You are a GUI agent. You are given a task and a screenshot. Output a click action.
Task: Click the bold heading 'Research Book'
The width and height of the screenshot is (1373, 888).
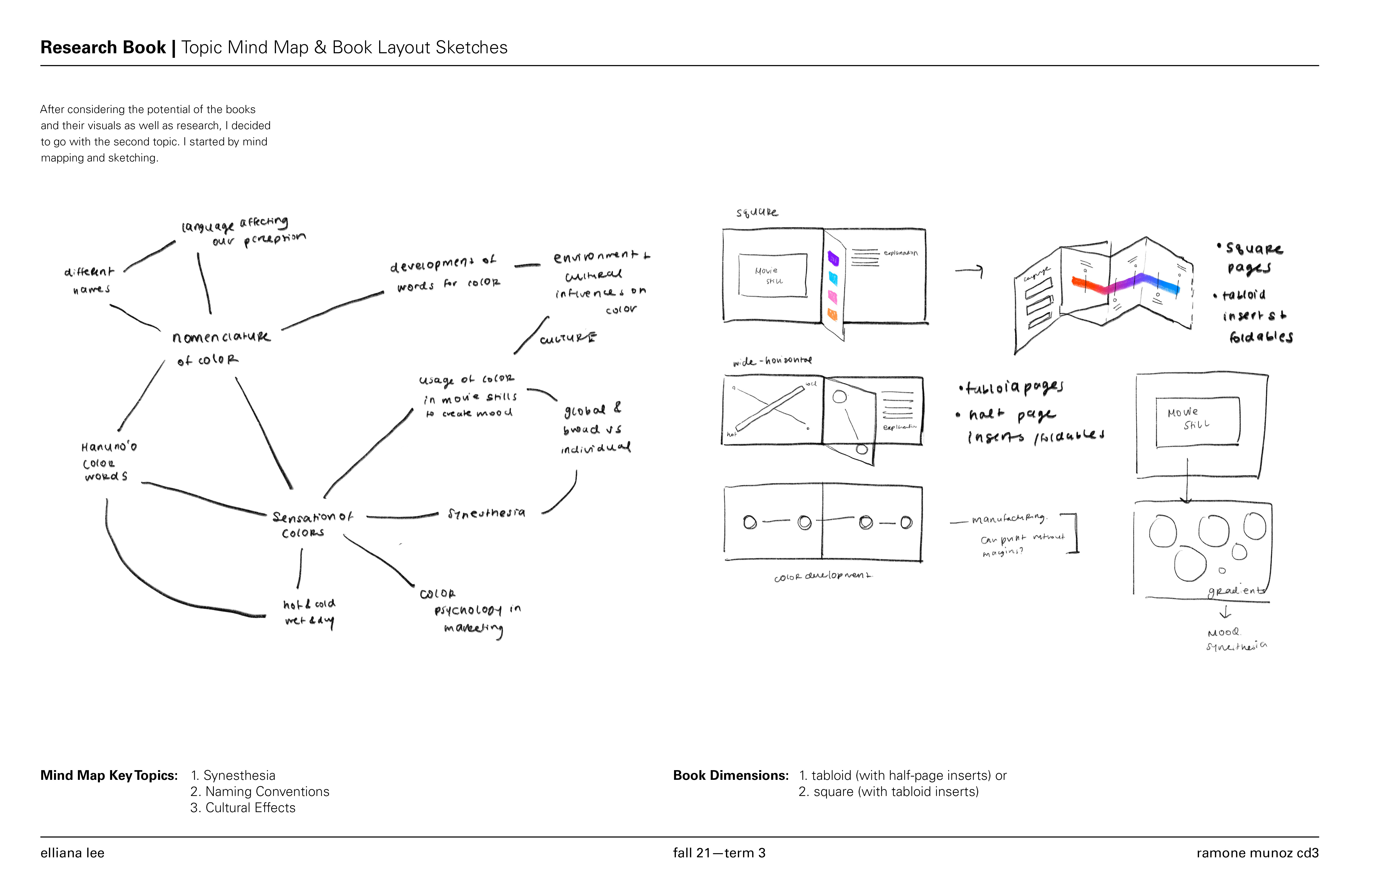(x=103, y=47)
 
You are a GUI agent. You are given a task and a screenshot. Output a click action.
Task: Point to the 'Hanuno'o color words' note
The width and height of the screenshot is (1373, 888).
(x=108, y=461)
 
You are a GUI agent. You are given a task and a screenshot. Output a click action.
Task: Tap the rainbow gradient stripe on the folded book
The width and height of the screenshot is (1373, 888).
(x=1125, y=284)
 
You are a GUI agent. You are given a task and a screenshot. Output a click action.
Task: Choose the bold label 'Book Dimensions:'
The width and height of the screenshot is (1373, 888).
(x=730, y=775)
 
